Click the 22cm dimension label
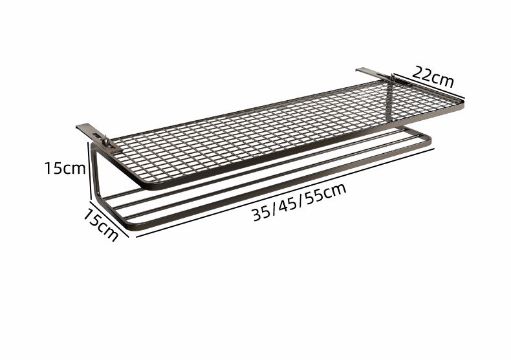point(433,77)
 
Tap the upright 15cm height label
point(65,168)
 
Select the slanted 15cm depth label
point(101,224)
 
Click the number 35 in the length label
point(261,213)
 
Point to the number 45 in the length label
point(287,205)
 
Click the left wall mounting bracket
point(98,138)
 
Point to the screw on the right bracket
point(393,78)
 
